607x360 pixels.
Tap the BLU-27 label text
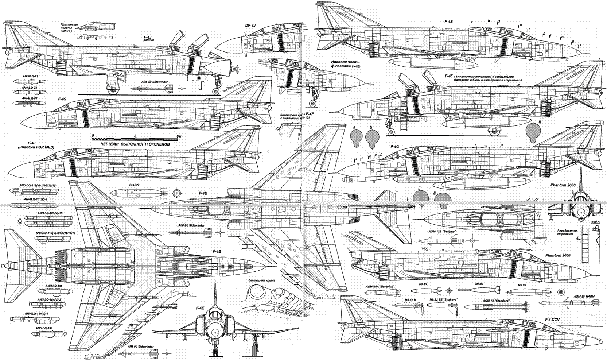135,185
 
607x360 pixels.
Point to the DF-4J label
251,25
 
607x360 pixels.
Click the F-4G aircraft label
395,146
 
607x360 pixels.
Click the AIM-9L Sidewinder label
141,346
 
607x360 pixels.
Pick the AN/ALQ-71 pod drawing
29,82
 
